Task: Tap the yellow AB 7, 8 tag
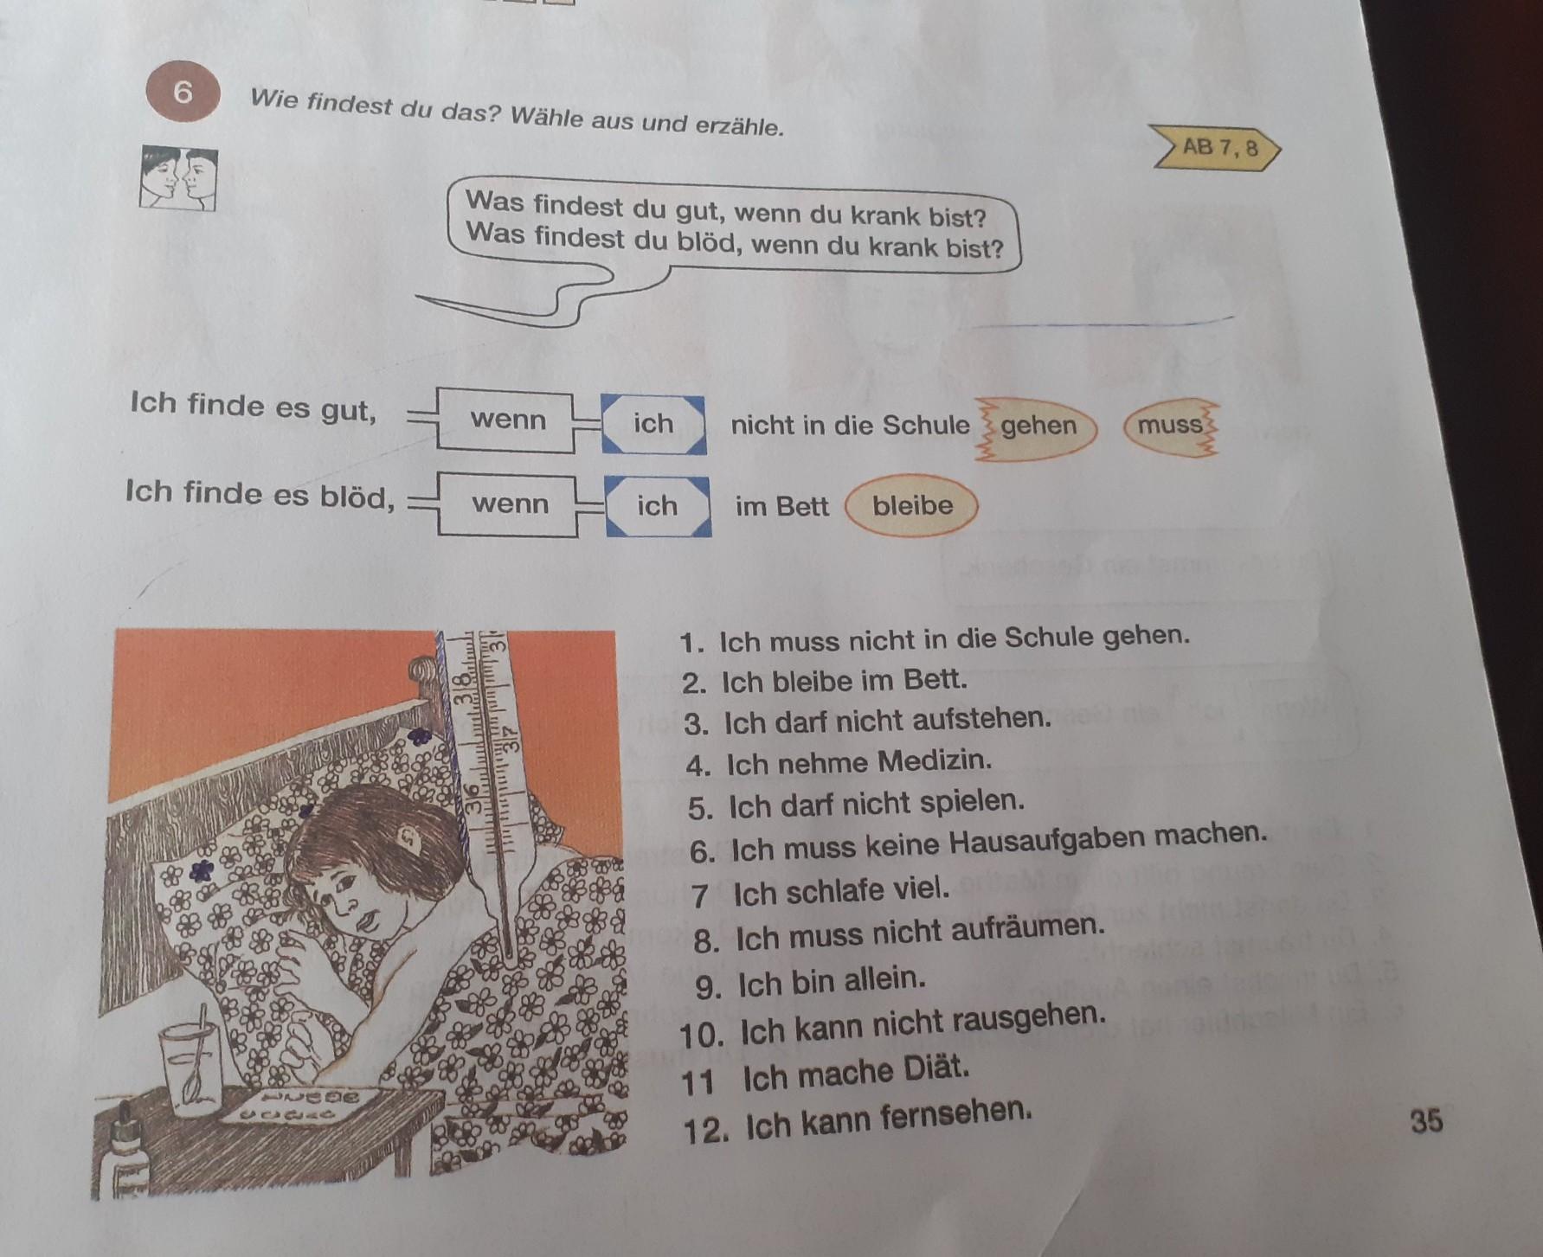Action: [x=1217, y=148]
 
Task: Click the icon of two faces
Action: [x=178, y=178]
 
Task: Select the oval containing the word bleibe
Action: [x=911, y=506]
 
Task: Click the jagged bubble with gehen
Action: [x=1036, y=427]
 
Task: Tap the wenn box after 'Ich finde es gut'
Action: [x=507, y=420]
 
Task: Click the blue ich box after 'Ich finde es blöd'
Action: [x=657, y=506]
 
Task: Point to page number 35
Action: [x=1426, y=1121]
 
